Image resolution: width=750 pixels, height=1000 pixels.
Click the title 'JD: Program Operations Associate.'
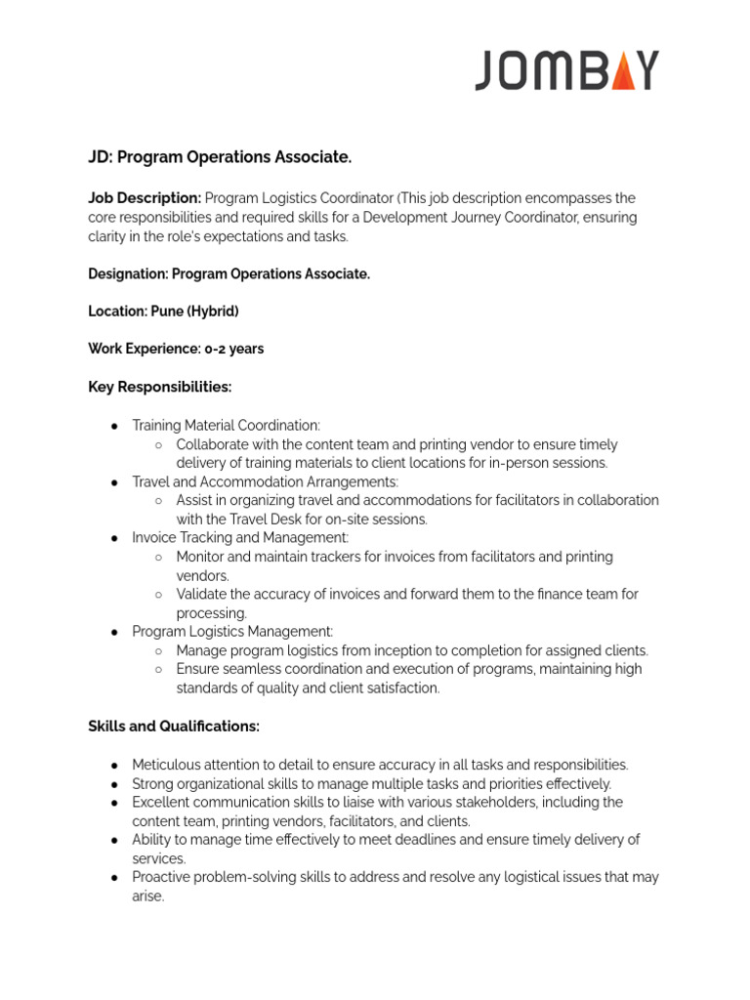220,157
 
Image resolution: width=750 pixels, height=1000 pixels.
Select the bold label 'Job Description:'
145,198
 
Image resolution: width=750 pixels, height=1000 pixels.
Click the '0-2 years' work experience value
233,349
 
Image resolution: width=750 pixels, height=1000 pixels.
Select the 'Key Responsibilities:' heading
159,387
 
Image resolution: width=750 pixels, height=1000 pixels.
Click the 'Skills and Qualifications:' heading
174,727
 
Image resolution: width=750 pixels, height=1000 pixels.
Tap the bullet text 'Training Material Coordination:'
226,426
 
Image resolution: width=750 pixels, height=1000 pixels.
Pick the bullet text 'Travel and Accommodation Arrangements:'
265,482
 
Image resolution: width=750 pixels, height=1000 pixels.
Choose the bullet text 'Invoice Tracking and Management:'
240,538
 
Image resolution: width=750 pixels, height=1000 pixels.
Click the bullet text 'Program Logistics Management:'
232,632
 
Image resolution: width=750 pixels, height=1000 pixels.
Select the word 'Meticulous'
166,765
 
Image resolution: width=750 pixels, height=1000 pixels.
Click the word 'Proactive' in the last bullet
163,877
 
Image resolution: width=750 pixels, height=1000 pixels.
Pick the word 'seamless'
247,669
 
